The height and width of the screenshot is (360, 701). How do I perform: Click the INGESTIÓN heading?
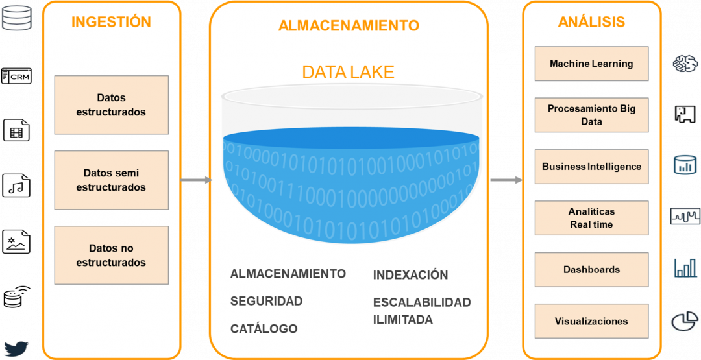112,21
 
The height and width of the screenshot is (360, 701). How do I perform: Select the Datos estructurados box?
112,104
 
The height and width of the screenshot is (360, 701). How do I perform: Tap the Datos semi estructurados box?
112,180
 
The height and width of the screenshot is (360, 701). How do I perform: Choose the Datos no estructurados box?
112,255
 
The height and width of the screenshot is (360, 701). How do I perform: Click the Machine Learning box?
591,64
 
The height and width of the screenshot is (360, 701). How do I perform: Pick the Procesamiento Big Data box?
591,115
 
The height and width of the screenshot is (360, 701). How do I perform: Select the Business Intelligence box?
591,167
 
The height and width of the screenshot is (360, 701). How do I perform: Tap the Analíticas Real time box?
591,218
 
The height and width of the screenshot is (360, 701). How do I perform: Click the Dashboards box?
591,270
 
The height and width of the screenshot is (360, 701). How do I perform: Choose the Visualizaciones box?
591,321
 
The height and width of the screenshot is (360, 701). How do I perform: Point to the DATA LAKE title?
349,72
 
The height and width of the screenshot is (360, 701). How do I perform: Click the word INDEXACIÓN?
410,274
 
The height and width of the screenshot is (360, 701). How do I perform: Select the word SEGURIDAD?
267,301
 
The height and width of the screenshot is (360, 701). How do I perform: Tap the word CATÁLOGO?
264,329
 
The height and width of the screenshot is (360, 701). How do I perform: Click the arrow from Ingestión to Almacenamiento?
196,180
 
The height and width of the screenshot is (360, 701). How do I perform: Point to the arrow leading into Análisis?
506,180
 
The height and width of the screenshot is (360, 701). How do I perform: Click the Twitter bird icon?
16,348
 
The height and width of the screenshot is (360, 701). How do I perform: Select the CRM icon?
16,76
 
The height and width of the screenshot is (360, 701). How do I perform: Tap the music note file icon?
16,185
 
